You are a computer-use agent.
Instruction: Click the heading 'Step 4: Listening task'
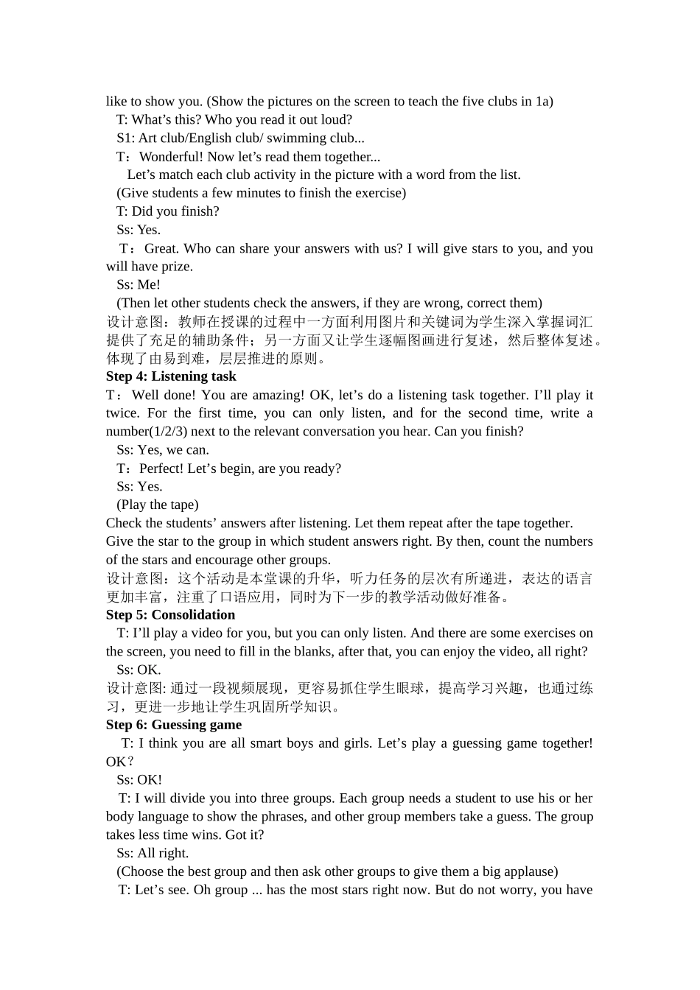[171, 376]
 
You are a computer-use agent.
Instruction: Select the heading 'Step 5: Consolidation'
[170, 615]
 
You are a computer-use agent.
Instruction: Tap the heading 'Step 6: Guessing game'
[174, 725]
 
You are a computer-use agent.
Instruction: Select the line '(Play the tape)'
[158, 505]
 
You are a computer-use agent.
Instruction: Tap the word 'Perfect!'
[161, 468]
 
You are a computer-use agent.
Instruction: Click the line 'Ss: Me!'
[139, 284]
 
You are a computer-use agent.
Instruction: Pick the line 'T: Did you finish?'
[168, 211]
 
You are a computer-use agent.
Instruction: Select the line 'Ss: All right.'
[153, 853]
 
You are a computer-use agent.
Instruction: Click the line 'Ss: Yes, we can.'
[163, 450]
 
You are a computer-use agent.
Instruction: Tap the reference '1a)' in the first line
[544, 102]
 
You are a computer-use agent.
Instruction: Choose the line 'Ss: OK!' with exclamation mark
[139, 779]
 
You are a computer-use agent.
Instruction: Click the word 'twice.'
[122, 413]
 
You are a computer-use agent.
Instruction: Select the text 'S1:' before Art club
[125, 138]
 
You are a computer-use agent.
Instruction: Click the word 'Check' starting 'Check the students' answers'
[124, 523]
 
